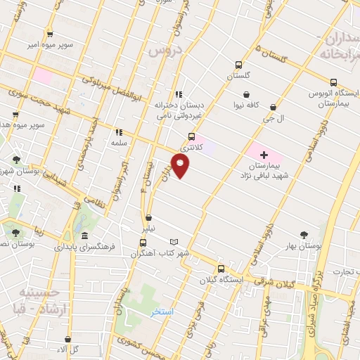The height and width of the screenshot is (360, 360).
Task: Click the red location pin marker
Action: coord(181,166)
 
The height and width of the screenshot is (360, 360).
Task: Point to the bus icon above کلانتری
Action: coord(191,137)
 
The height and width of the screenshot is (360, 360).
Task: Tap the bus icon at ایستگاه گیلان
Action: coord(221,269)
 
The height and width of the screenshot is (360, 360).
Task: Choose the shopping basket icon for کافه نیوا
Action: coord(246,94)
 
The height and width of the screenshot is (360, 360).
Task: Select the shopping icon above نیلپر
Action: coord(148,217)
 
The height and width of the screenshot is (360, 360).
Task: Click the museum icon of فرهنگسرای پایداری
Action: coord(84,236)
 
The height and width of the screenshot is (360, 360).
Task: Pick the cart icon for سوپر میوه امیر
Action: coord(50,34)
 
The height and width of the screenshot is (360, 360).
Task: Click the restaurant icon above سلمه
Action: coord(118,131)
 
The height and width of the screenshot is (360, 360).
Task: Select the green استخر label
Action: coord(161,311)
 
